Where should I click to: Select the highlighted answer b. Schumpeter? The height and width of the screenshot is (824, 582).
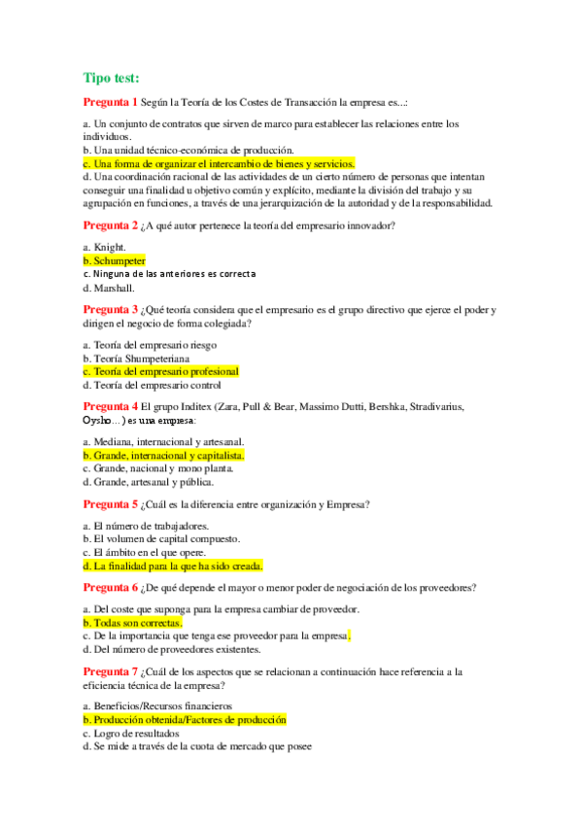(x=114, y=260)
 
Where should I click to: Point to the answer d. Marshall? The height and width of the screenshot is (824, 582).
(x=109, y=288)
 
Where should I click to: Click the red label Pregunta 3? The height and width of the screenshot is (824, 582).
(x=111, y=310)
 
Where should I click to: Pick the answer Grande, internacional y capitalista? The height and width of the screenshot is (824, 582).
(x=163, y=455)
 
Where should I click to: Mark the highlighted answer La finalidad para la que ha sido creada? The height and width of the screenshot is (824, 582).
(x=172, y=566)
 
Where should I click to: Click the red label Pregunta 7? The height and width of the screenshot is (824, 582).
(x=111, y=671)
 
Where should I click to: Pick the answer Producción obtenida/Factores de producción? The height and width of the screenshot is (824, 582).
(x=185, y=720)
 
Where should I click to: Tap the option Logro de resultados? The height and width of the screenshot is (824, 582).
(x=130, y=734)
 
